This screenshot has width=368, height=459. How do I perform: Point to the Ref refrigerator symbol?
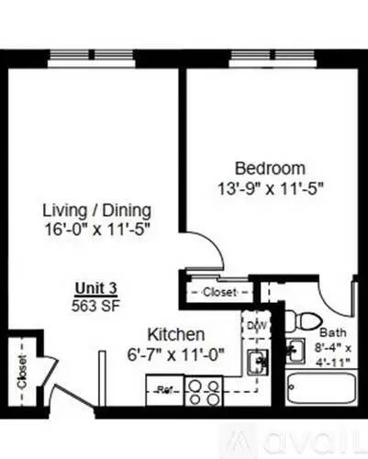pyautogui.click(x=165, y=389)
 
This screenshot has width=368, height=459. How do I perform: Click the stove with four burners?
pyautogui.click(x=204, y=392)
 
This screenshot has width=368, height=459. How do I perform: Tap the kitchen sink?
pyautogui.click(x=259, y=361)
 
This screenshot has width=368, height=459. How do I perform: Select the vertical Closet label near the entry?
pyautogui.click(x=20, y=371)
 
